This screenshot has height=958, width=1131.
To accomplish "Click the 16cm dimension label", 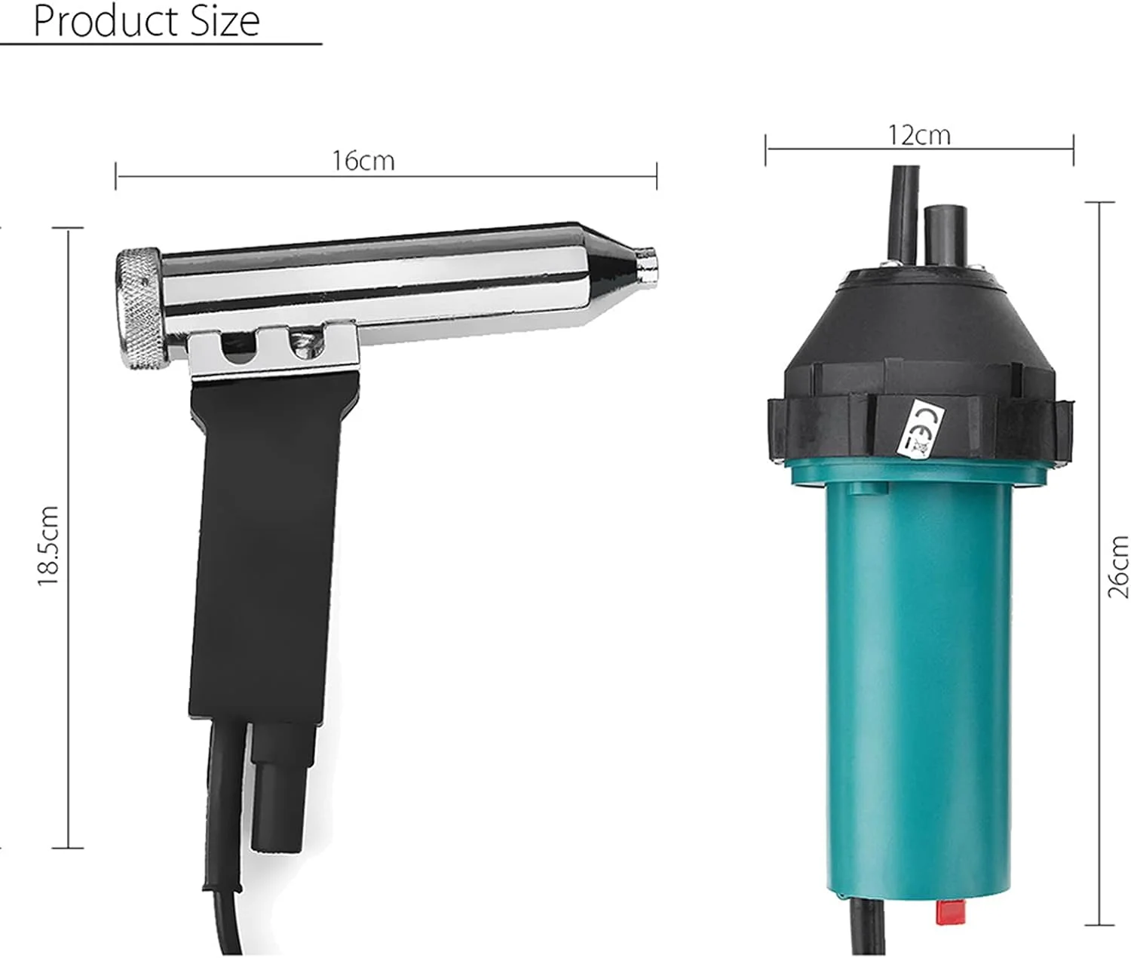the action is point(363,161).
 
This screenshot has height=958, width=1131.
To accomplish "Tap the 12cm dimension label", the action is point(918,135).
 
